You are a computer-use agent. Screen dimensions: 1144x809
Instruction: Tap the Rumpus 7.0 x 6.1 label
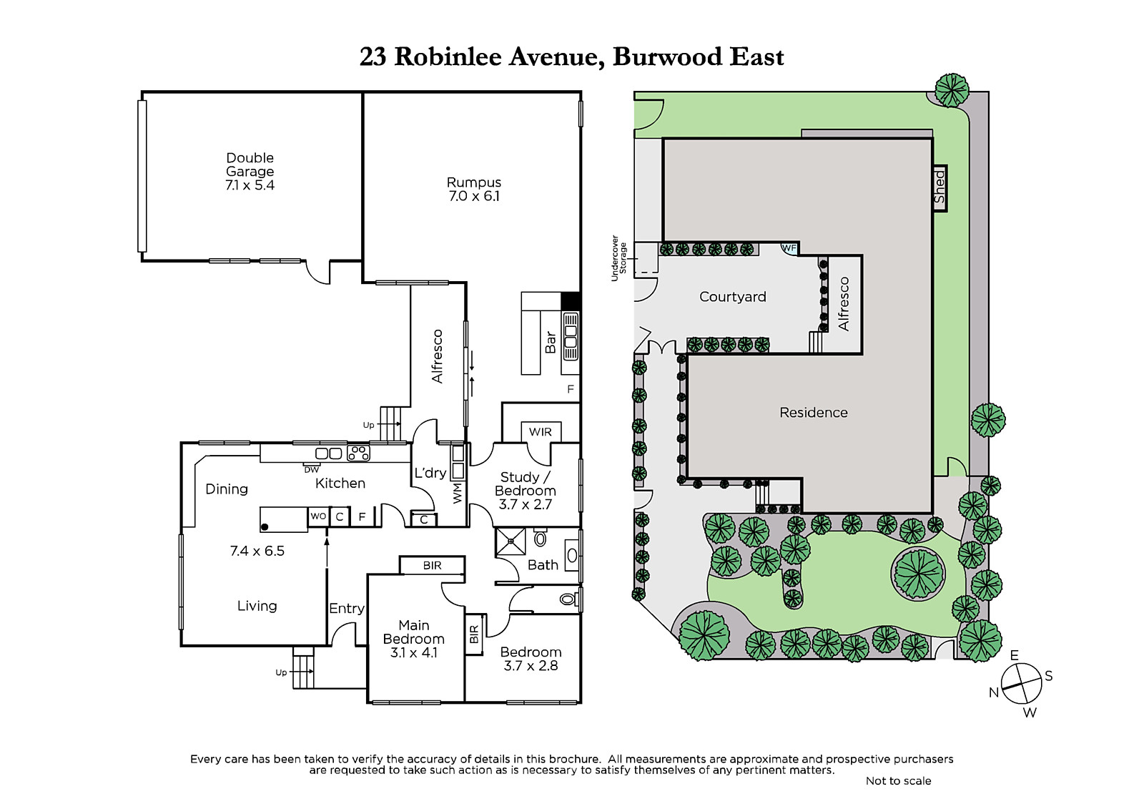click(x=474, y=189)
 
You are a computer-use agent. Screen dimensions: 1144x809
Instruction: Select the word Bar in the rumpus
click(x=551, y=342)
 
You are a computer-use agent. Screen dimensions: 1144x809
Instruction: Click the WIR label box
click(x=541, y=432)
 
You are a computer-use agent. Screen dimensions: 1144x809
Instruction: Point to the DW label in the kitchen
click(x=312, y=470)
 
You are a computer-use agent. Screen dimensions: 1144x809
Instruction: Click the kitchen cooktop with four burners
click(x=358, y=453)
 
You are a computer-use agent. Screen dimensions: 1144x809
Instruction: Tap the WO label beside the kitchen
click(x=317, y=516)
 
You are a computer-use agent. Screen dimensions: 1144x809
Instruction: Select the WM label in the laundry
click(x=458, y=493)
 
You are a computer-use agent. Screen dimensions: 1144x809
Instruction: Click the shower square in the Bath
click(x=511, y=541)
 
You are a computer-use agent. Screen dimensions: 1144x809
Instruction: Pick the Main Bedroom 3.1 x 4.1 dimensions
click(x=414, y=652)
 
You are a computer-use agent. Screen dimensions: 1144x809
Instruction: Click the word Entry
click(x=347, y=608)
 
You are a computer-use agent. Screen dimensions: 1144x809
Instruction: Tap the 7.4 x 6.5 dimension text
click(x=257, y=551)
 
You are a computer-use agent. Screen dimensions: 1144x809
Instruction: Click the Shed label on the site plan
click(x=940, y=187)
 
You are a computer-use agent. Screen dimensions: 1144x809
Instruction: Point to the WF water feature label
click(x=789, y=248)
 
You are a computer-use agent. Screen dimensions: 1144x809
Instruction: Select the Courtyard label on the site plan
click(x=732, y=297)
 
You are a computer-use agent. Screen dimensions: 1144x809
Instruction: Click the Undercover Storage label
click(x=618, y=258)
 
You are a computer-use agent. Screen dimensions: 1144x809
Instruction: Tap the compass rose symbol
click(x=1021, y=684)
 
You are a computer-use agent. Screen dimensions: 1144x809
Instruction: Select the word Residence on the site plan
click(x=813, y=413)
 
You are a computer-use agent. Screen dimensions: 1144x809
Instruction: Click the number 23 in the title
click(x=373, y=57)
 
